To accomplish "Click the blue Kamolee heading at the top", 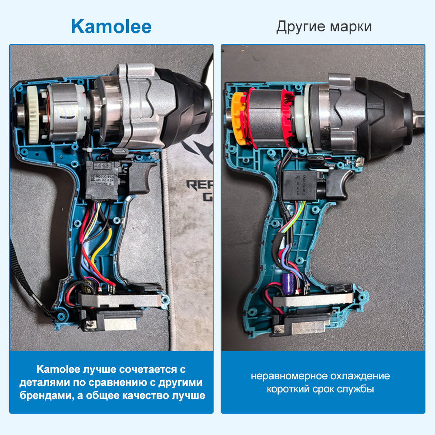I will [111, 27].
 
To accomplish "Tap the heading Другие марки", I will [324, 27].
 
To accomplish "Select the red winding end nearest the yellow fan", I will [251, 117].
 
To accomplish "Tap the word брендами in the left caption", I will [42, 396].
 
